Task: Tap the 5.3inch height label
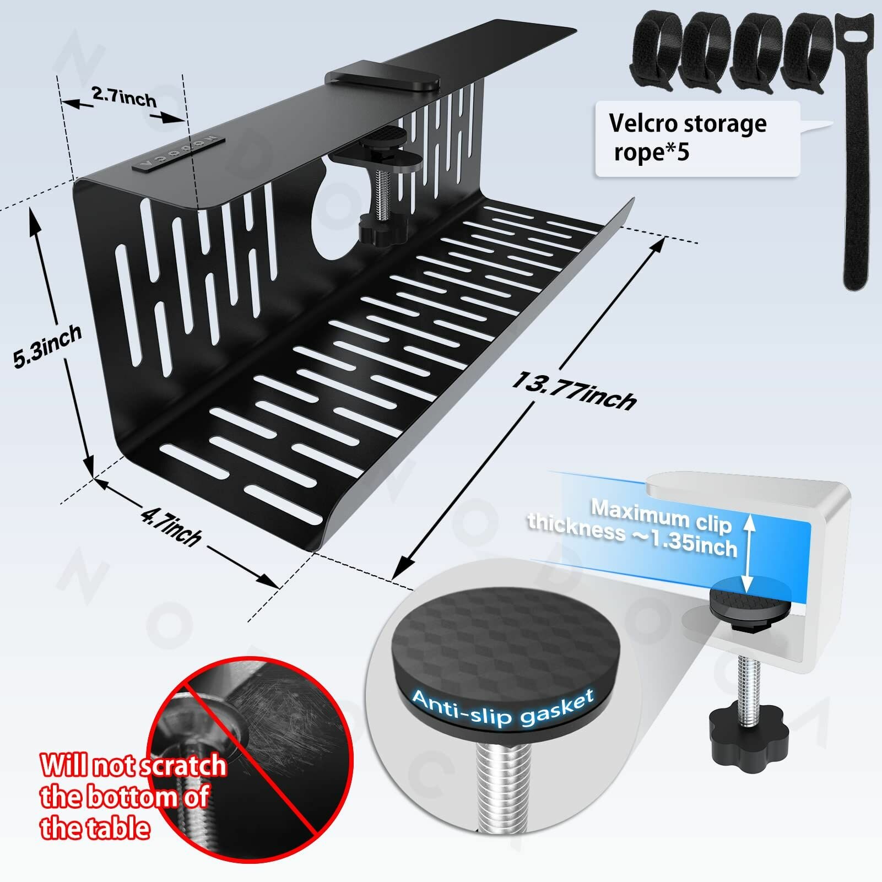point(47,346)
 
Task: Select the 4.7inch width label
point(171,526)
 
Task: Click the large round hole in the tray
point(336,220)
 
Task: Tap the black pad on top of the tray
point(382,80)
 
